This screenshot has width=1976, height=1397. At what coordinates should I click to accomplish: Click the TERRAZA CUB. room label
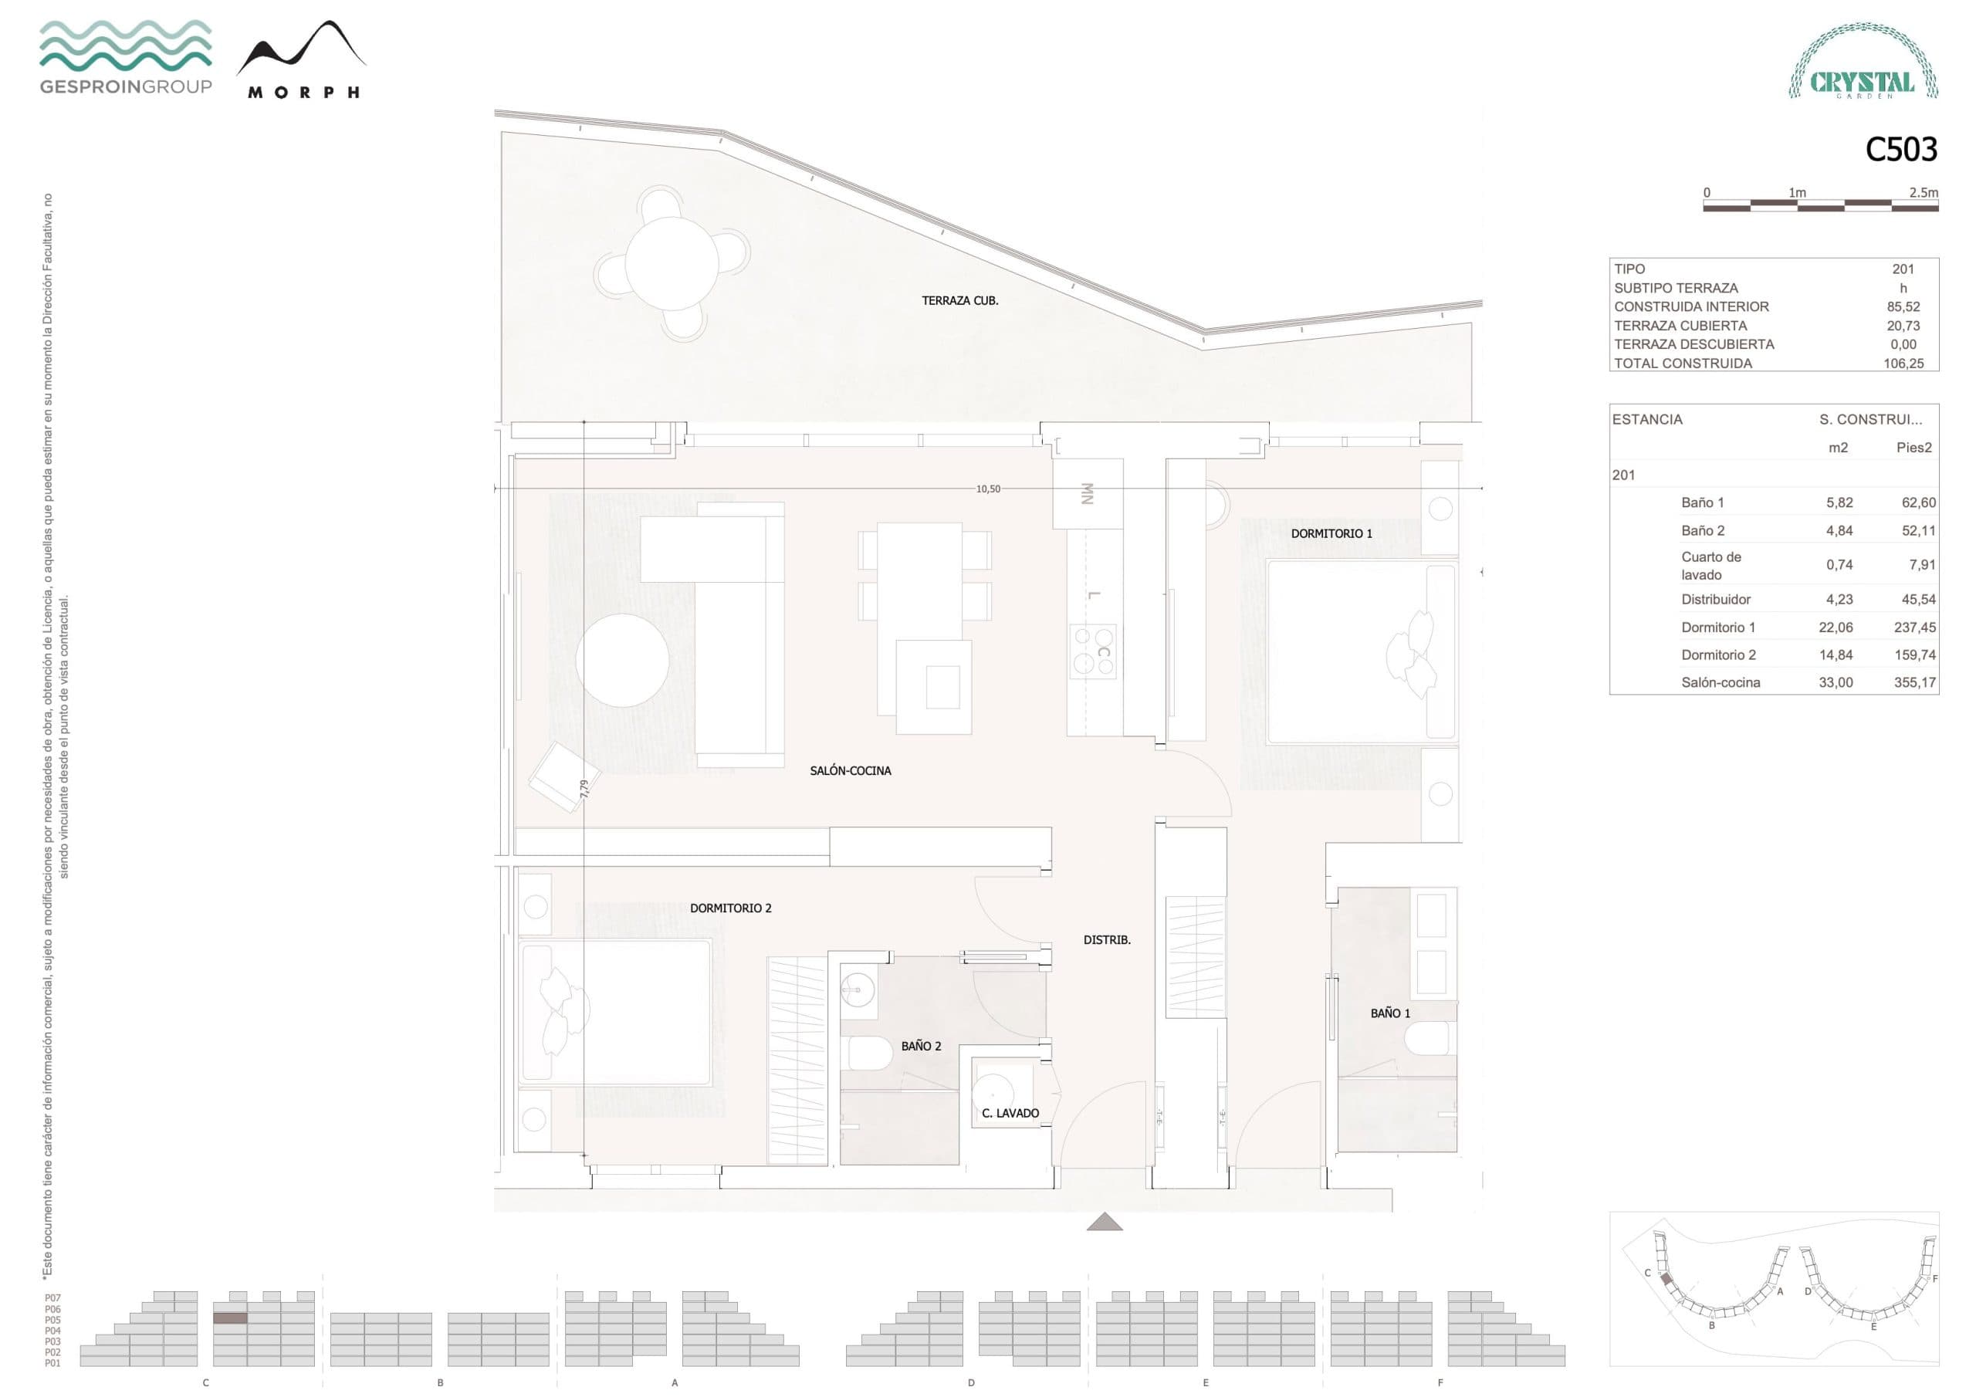click(959, 300)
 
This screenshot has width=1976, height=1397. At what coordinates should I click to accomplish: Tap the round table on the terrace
click(672, 263)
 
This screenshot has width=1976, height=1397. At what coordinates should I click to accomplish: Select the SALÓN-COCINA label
click(851, 770)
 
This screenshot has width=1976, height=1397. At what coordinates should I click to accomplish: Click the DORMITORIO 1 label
click(1331, 533)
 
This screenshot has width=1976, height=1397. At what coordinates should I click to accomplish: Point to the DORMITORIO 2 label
click(731, 908)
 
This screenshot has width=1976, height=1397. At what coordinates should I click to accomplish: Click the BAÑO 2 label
click(921, 1046)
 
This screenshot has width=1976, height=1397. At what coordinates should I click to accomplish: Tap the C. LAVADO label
click(1010, 1113)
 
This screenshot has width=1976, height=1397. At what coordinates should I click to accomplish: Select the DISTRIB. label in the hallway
click(1107, 940)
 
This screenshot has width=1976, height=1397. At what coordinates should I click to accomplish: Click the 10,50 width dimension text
click(988, 489)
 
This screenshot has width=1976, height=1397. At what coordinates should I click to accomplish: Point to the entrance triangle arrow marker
click(1105, 1223)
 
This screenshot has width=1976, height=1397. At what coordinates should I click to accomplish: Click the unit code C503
click(1900, 150)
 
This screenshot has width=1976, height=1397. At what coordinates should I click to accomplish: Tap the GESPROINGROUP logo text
click(126, 86)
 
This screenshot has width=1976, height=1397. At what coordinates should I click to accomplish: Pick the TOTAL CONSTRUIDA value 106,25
click(1903, 364)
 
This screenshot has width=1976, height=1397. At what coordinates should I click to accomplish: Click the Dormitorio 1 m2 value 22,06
click(1835, 627)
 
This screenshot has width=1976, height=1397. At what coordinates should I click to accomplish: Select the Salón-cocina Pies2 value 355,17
click(1914, 682)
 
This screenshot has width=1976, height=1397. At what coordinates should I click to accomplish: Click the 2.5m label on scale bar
click(1924, 193)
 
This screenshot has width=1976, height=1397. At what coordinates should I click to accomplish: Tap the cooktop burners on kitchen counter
click(1092, 651)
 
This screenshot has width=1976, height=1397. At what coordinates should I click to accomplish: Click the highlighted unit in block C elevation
click(230, 1318)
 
